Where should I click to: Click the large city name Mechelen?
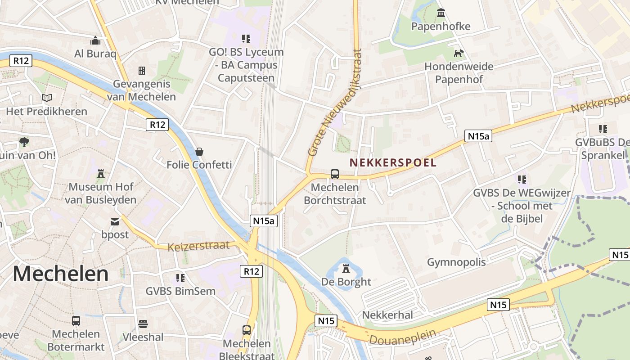tap(61, 274)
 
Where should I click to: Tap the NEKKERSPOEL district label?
tap(393, 162)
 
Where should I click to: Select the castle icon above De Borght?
tap(346, 269)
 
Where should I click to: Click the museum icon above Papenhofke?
tap(441, 13)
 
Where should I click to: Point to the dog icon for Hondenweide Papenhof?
tap(459, 54)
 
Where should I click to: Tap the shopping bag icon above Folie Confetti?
tap(199, 151)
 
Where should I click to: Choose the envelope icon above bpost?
tap(115, 221)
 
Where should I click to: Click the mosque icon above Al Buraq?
tap(95, 41)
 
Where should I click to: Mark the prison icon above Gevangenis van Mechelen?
tap(142, 70)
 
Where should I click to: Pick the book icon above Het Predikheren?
tap(47, 98)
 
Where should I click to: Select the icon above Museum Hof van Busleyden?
tap(101, 173)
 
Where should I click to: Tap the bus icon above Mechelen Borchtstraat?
tap(335, 174)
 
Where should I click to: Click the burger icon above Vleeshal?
tap(143, 324)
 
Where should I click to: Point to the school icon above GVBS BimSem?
tap(181, 278)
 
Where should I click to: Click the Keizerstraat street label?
tap(198, 246)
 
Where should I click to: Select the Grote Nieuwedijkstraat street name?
tap(334, 103)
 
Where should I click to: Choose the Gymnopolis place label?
tap(456, 262)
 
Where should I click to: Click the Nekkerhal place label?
tap(387, 315)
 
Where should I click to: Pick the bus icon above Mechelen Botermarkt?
tap(76, 321)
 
